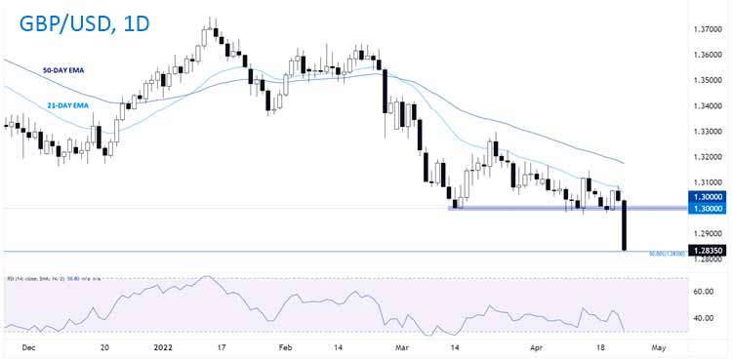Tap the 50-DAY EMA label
pyautogui.click(x=62, y=71)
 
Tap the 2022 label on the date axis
pyautogui.click(x=164, y=345)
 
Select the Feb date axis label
pyautogui.click(x=285, y=345)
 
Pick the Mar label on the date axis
pyautogui.click(x=402, y=345)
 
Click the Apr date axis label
pyautogui.click(x=533, y=345)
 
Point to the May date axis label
pyautogui.click(x=661, y=345)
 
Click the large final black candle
pyautogui.click(x=624, y=225)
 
